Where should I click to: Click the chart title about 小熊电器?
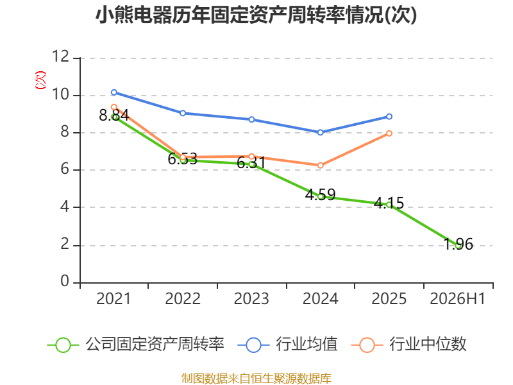click(256, 15)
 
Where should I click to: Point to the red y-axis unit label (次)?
click(40, 80)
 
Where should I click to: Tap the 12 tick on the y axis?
click(61, 56)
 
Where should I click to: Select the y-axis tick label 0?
click(65, 281)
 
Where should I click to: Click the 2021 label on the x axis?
click(114, 299)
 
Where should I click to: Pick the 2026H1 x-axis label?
click(458, 299)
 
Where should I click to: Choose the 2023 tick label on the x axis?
click(251, 299)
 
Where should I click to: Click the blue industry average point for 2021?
click(114, 92)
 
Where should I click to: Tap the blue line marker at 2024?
click(320, 133)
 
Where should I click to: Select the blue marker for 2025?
click(389, 117)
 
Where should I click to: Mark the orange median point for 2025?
click(389, 133)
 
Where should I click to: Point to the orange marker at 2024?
click(320, 166)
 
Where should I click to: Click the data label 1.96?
click(458, 244)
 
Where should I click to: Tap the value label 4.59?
click(320, 195)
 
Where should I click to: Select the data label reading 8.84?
click(114, 116)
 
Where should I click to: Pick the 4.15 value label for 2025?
click(389, 203)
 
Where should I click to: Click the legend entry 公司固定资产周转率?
click(136, 345)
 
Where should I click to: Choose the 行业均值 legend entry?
click(287, 345)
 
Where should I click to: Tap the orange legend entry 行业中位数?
click(408, 345)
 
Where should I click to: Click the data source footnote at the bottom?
click(256, 379)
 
